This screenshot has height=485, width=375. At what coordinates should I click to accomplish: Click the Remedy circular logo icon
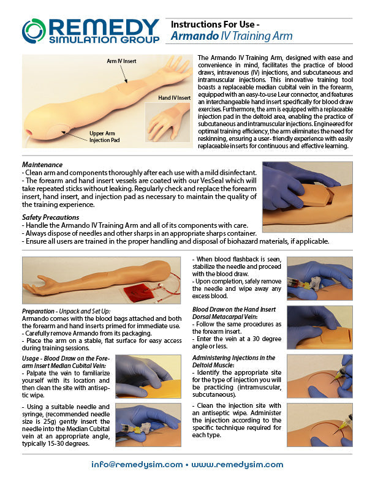click(x=34, y=31)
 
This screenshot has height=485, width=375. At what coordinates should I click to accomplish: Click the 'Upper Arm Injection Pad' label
click(x=104, y=135)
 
